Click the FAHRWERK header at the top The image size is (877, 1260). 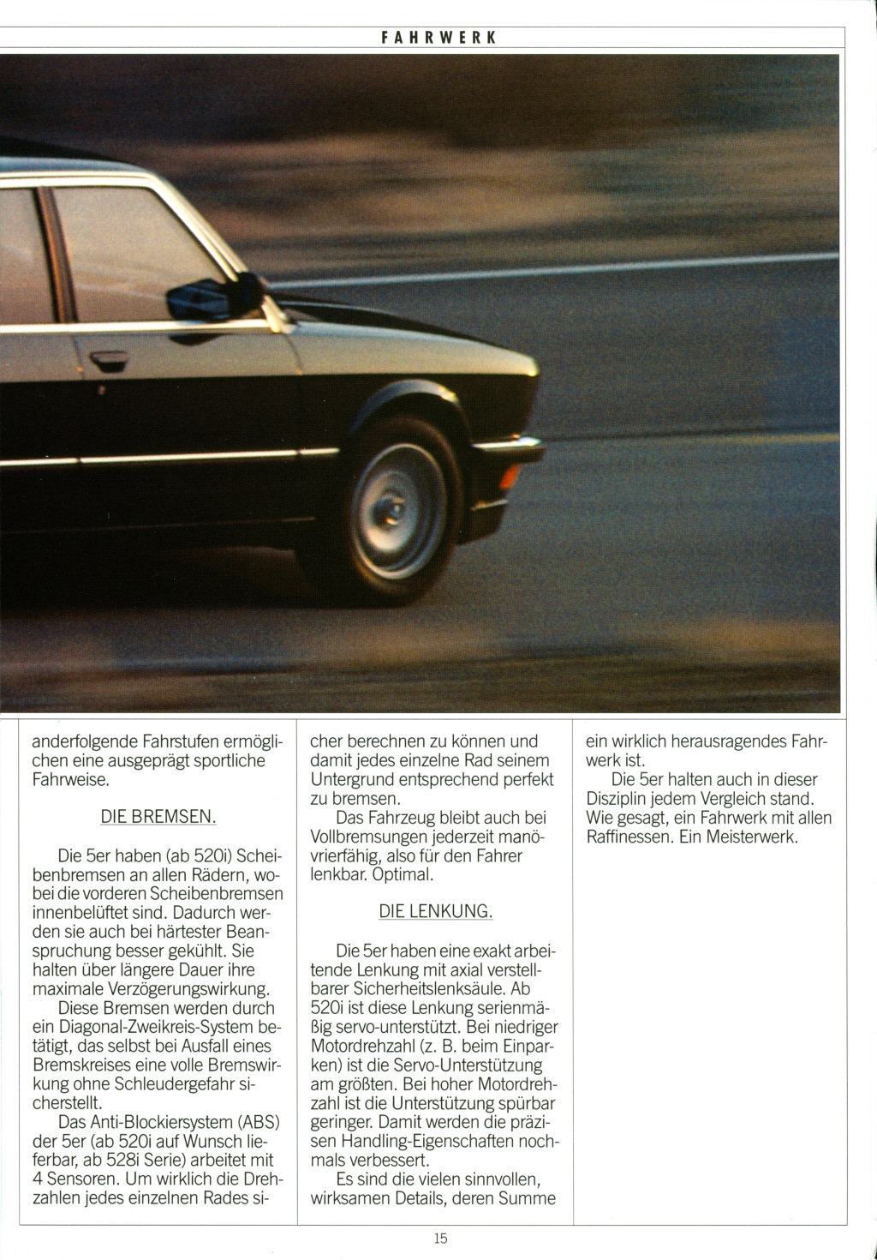pos(438,38)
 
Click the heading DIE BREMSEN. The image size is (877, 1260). pos(158,817)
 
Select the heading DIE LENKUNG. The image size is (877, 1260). pos(435,911)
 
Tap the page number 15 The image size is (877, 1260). pos(440,1237)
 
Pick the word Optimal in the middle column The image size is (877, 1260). pos(403,874)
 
